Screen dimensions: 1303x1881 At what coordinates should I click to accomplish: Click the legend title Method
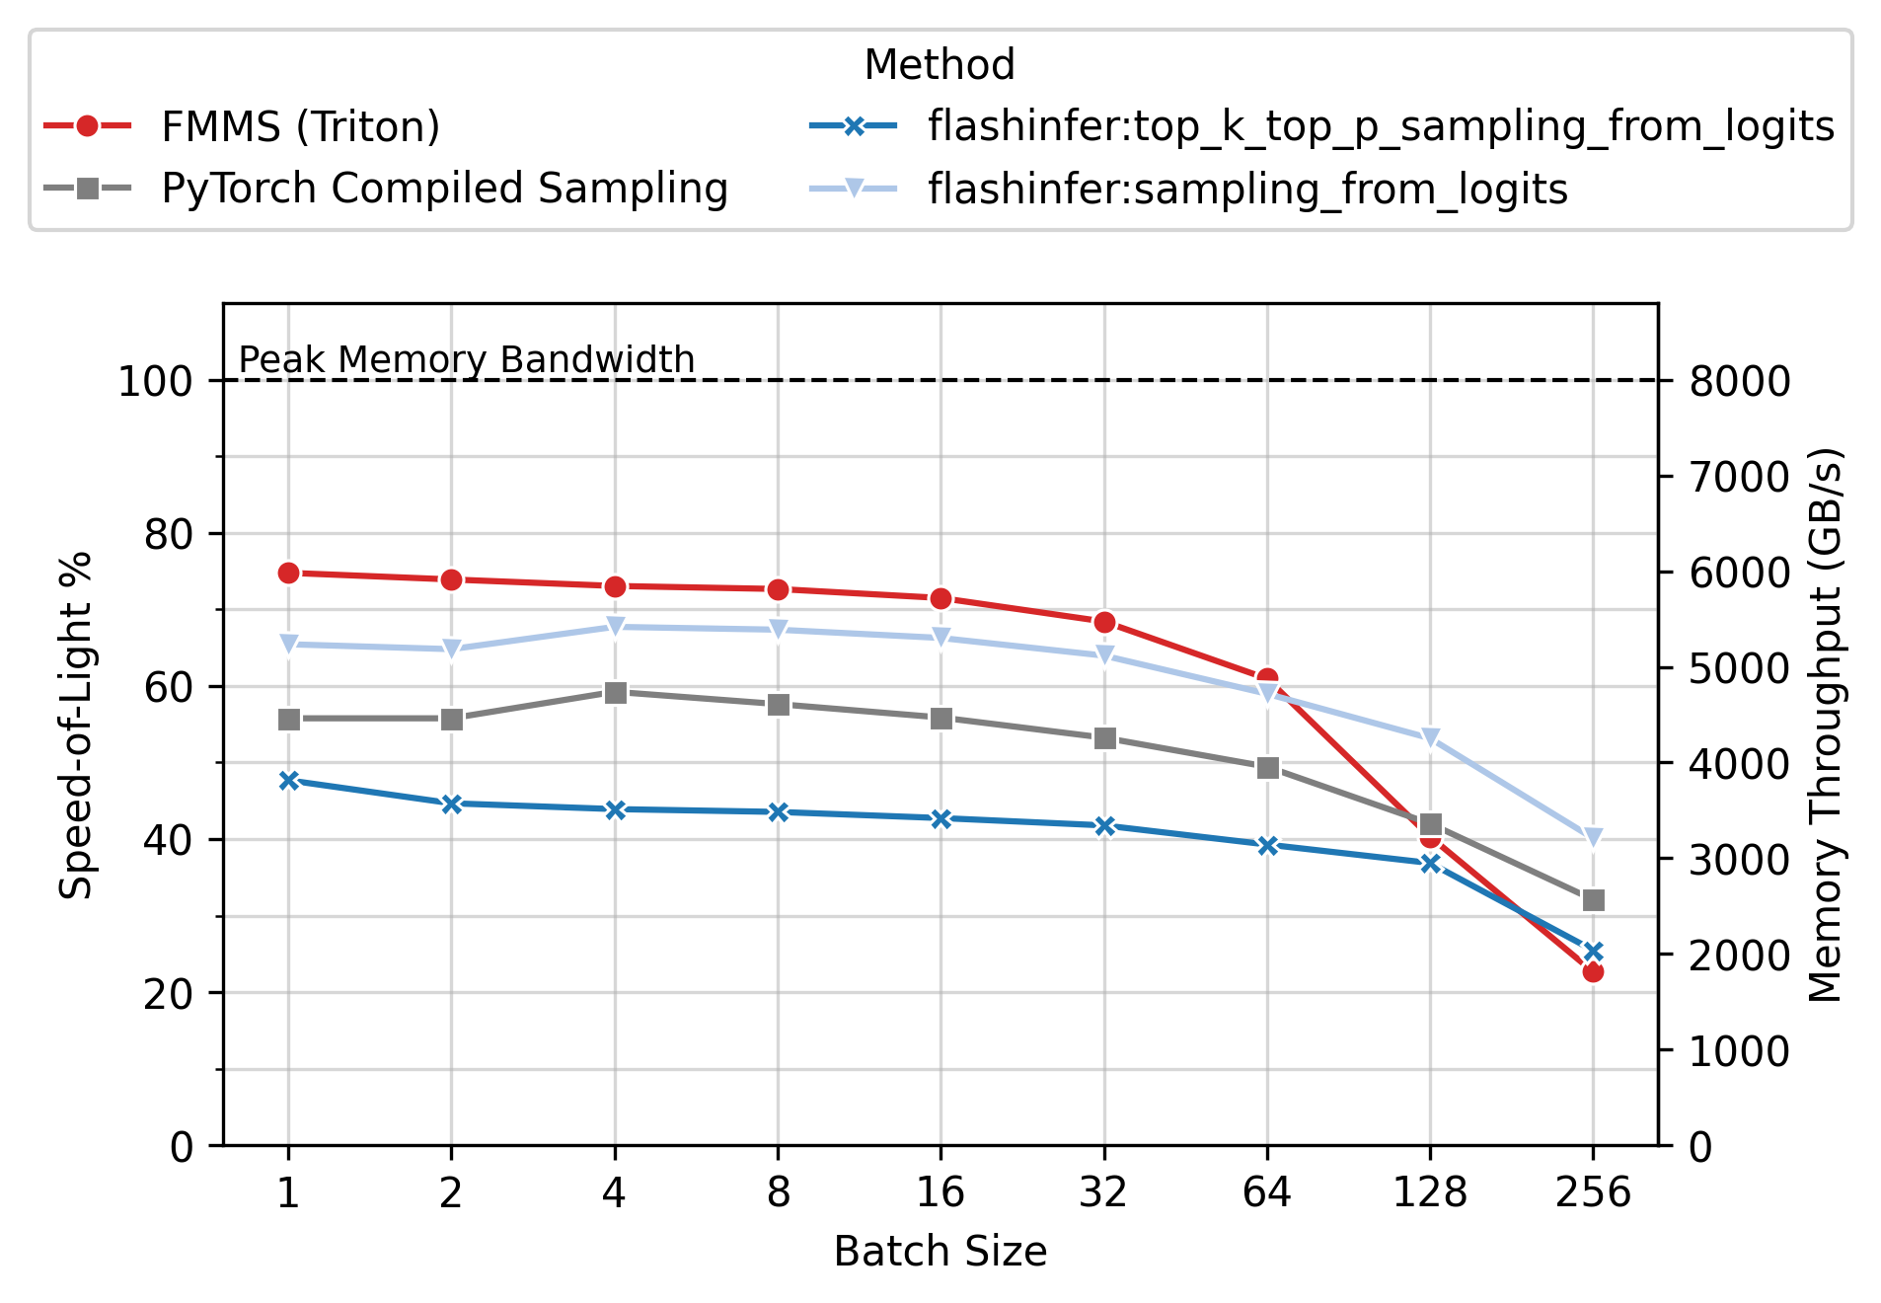tap(939, 65)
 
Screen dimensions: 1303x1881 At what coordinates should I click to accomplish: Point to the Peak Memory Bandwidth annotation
tap(467, 359)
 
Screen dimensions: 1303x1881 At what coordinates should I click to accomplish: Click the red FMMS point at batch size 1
tap(288, 574)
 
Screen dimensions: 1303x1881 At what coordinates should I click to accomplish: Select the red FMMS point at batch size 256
tap(1593, 972)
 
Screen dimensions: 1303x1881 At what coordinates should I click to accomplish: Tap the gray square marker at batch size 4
tap(615, 693)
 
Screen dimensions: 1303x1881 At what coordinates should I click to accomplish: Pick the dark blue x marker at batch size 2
tap(452, 805)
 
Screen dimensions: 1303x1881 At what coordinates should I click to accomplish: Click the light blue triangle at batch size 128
tap(1430, 738)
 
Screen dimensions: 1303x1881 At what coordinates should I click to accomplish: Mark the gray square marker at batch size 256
tap(1593, 900)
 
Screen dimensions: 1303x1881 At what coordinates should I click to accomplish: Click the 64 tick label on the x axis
tap(1266, 1193)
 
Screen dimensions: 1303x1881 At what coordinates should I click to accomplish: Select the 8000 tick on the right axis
tap(1739, 381)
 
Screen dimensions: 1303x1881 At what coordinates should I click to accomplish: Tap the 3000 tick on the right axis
tap(1739, 860)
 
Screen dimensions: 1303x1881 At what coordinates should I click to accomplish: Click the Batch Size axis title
tap(940, 1252)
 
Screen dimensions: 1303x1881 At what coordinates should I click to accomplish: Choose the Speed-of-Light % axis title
tap(76, 725)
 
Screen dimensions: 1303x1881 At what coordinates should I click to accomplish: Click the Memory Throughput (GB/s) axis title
tap(1825, 725)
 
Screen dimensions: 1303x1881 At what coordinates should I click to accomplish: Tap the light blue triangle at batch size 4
tap(615, 627)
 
